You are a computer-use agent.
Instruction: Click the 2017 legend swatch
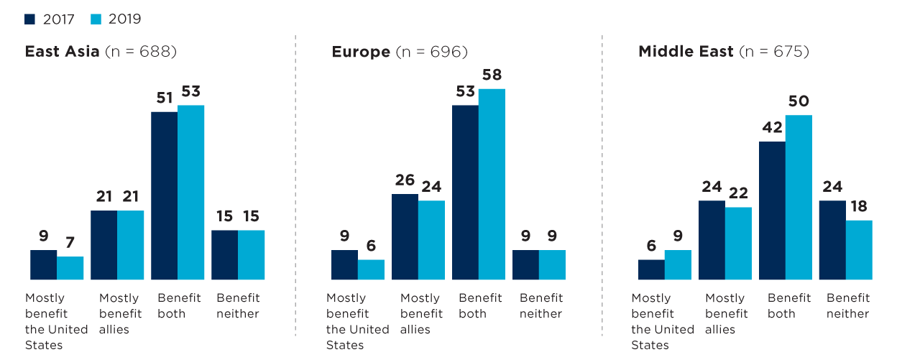click(x=29, y=19)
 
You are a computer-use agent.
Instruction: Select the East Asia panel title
click(x=62, y=52)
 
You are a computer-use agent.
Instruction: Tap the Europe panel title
click(x=360, y=52)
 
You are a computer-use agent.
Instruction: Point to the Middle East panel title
click(x=686, y=52)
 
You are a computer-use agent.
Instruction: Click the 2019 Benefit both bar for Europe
click(x=492, y=184)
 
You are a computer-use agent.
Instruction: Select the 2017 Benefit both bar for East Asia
click(x=164, y=195)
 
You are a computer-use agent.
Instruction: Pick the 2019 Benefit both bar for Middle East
click(x=799, y=197)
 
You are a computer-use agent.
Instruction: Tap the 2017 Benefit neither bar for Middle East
click(x=832, y=240)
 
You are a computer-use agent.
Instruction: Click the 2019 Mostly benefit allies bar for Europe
click(x=432, y=240)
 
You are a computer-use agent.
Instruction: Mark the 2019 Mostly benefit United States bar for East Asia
click(x=70, y=268)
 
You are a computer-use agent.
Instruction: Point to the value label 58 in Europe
click(x=492, y=75)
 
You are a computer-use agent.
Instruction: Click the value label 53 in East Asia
click(x=190, y=91)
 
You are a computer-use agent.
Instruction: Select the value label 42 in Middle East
click(x=772, y=128)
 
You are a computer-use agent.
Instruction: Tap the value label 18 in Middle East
click(x=859, y=206)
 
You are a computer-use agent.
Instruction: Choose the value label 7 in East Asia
click(x=70, y=243)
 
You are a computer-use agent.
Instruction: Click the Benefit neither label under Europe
click(x=540, y=305)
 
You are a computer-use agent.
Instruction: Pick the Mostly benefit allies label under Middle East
click(x=726, y=313)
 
